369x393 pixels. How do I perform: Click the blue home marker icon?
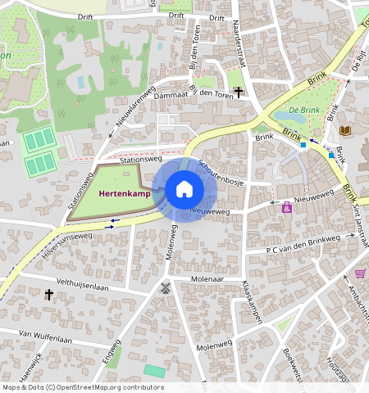pos(184,190)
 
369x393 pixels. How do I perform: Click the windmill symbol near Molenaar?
pos(164,288)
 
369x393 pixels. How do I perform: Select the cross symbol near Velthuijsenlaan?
pos(50,294)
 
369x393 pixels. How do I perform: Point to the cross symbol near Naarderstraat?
pos(239,92)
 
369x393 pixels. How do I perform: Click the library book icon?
pos(344,130)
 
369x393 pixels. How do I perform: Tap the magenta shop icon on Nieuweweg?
pos(287,208)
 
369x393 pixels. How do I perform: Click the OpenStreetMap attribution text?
pos(82,387)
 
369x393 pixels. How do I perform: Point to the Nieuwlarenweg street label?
pos(134,107)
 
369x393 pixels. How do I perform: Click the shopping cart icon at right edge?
pos(360,273)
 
